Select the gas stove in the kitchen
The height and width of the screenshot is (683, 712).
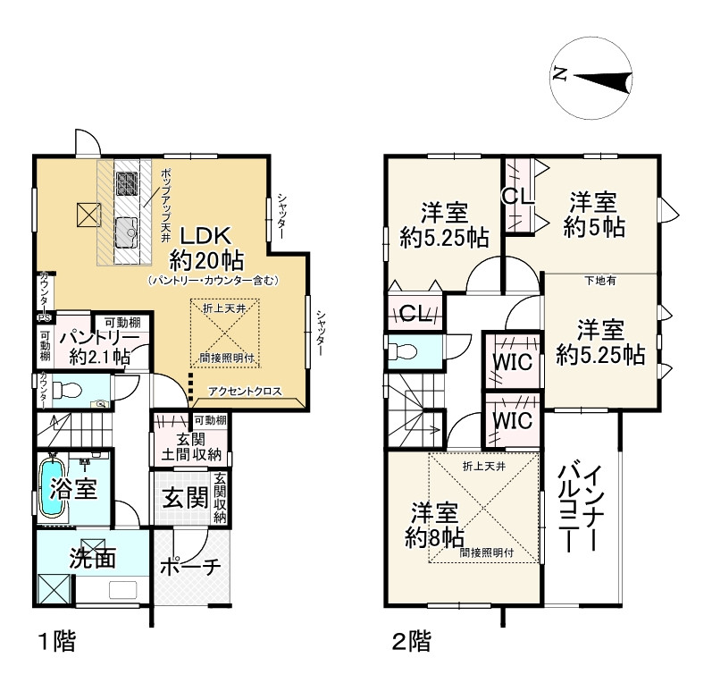tap(127, 183)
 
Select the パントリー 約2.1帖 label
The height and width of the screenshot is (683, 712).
tap(100, 347)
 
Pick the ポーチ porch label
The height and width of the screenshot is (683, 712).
tap(190, 566)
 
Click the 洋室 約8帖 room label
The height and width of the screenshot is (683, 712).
tap(434, 526)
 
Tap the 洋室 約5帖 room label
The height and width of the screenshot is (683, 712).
tap(594, 215)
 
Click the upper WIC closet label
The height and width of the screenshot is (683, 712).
tap(512, 362)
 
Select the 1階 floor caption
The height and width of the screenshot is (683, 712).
tap(57, 642)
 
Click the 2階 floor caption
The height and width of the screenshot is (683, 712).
tap(412, 642)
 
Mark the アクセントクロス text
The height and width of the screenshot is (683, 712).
tap(245, 392)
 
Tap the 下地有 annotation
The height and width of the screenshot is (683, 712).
tap(599, 281)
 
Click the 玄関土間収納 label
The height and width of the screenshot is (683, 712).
tap(190, 447)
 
